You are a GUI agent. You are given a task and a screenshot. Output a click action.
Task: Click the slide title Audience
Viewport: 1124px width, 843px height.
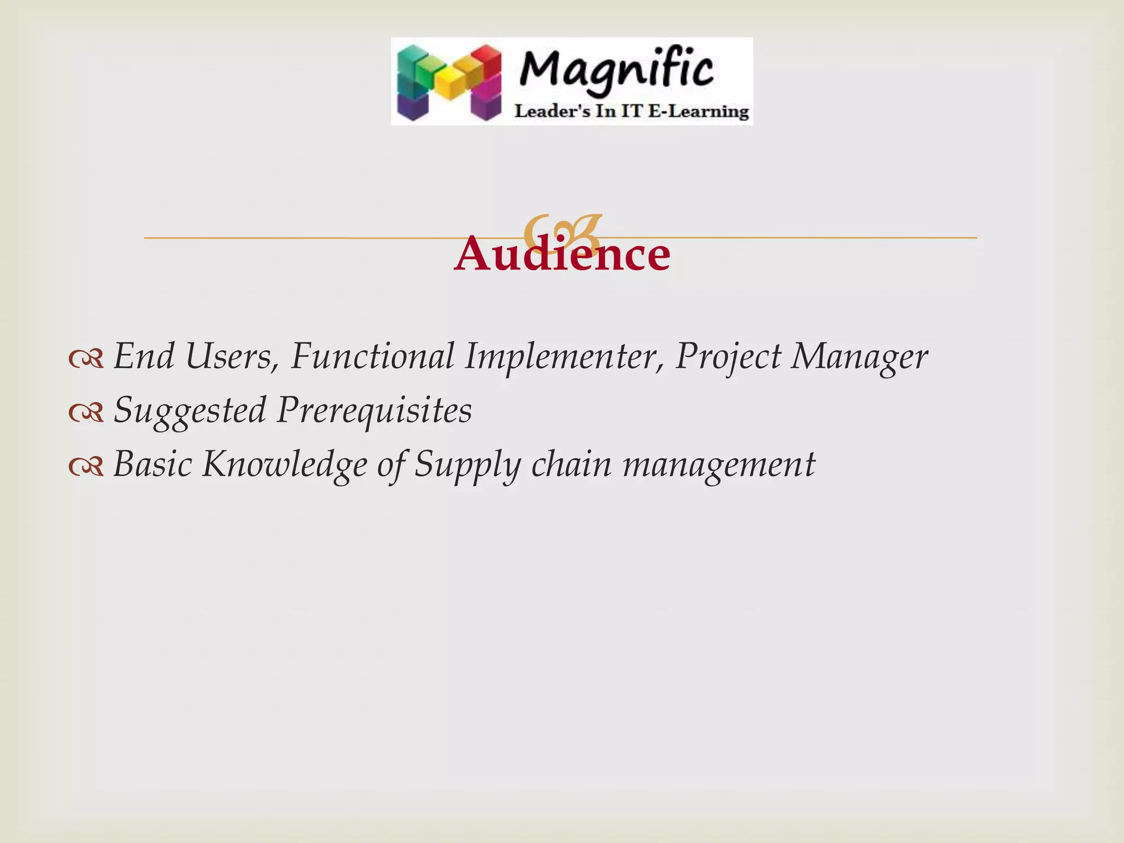coord(562,255)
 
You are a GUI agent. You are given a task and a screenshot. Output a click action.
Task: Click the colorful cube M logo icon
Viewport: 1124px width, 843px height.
coord(449,82)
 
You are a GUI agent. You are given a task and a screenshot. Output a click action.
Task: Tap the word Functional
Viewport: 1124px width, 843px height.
coord(372,356)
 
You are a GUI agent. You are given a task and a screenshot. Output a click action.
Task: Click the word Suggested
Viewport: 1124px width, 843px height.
coord(190,411)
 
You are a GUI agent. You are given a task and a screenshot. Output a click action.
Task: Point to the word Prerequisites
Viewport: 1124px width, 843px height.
coord(374,411)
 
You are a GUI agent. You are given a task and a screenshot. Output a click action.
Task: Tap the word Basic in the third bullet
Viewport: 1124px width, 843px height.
coord(153,464)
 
